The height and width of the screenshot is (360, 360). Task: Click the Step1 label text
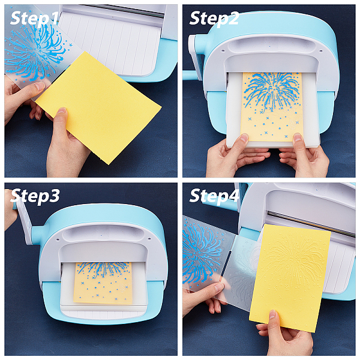(x=34, y=18)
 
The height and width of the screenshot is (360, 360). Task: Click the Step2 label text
(x=214, y=19)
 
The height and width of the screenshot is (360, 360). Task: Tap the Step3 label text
(x=35, y=196)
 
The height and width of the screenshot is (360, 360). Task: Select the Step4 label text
(x=214, y=196)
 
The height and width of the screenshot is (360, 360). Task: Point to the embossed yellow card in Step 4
(x=290, y=278)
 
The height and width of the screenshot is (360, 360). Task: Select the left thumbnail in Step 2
(x=244, y=138)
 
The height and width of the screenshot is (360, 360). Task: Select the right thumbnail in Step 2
(x=298, y=137)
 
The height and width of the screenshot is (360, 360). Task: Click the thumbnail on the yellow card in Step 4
(x=272, y=314)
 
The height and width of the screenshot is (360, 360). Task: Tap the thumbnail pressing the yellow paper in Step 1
(x=62, y=110)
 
